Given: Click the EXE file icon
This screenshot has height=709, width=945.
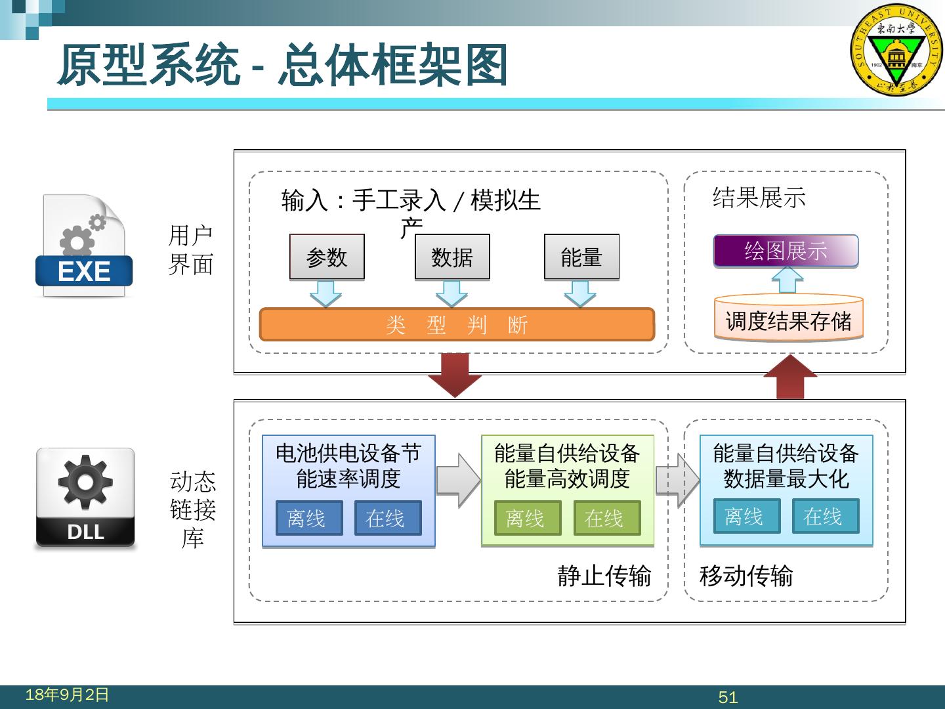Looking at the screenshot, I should (x=83, y=246).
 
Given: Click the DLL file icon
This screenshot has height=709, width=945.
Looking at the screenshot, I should (x=85, y=498).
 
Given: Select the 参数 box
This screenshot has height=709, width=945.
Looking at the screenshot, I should (x=327, y=257).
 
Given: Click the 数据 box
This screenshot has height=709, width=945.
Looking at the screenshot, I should (x=452, y=257).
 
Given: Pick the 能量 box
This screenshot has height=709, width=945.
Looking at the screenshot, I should (x=581, y=257).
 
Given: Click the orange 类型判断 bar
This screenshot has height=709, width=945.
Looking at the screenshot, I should (x=457, y=324).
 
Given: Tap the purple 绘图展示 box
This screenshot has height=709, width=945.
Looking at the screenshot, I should (x=786, y=251).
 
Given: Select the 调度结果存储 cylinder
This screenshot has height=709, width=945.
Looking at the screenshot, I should (x=788, y=320).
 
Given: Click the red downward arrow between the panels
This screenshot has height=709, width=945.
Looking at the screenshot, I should (x=455, y=374).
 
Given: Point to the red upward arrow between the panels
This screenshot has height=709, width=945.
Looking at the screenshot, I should (x=790, y=377).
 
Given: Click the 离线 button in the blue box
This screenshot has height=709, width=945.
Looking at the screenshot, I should (x=309, y=518).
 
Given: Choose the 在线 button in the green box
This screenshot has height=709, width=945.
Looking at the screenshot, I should (x=607, y=518).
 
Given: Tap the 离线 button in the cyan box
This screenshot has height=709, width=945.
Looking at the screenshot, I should (x=747, y=516).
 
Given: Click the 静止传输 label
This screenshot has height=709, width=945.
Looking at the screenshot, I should (x=604, y=576).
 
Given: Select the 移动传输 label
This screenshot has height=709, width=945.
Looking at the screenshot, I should (x=746, y=576).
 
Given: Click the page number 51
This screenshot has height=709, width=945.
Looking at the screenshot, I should (x=728, y=697).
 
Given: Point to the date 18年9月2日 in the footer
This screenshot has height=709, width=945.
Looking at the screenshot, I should (x=67, y=695).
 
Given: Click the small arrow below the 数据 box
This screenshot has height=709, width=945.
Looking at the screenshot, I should (x=451, y=293).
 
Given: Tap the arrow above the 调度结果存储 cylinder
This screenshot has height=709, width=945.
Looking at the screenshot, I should (x=787, y=280).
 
